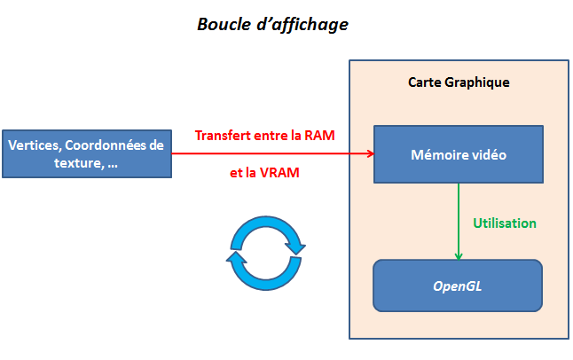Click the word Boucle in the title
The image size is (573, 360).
[223, 25]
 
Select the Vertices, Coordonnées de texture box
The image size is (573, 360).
[85, 153]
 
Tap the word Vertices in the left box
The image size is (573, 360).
[34, 145]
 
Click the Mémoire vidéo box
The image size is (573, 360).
[458, 154]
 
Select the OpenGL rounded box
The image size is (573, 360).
[458, 286]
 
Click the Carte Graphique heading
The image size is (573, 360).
[459, 82]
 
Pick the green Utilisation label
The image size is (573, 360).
[504, 223]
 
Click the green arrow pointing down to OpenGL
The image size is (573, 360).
[459, 222]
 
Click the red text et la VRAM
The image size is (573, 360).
[264, 173]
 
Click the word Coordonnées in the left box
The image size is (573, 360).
[108, 145]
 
